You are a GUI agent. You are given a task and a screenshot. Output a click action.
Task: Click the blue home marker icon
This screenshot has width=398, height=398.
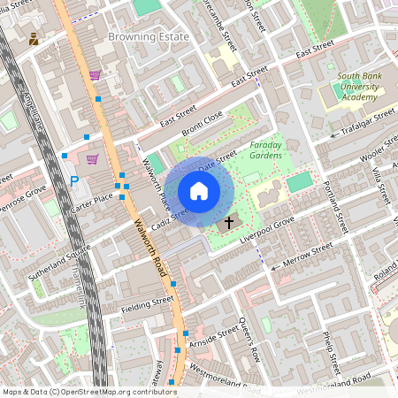tap(199, 191)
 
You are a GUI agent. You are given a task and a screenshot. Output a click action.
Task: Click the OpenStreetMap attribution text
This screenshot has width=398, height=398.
tap(90, 391)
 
